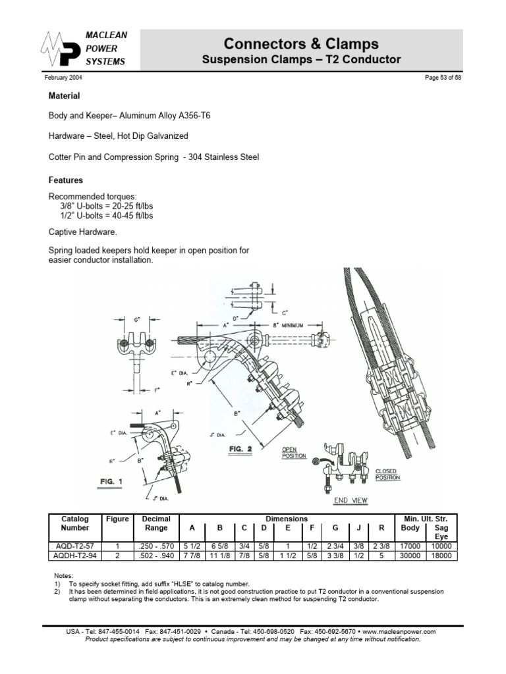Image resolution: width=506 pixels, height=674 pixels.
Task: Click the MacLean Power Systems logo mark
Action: click(62, 49)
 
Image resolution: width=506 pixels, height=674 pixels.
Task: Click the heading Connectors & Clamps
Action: click(301, 44)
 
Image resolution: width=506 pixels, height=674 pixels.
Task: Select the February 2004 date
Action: click(63, 78)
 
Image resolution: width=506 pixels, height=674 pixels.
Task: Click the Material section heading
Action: click(65, 96)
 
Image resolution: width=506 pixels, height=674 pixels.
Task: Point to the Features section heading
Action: click(66, 180)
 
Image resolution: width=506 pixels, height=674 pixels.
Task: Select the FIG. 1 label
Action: click(112, 482)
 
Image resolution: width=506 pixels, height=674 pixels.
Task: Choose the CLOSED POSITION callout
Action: click(387, 475)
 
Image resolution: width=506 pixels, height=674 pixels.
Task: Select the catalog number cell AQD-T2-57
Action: click(74, 546)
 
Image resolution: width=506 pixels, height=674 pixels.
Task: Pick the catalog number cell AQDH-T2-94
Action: click(74, 555)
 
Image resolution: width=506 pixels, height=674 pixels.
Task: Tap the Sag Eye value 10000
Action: click(441, 546)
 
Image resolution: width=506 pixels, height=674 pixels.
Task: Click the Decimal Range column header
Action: click(156, 523)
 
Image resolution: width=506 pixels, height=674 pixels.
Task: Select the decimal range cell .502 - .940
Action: click(156, 555)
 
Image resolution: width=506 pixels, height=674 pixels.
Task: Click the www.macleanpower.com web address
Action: click(399, 631)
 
